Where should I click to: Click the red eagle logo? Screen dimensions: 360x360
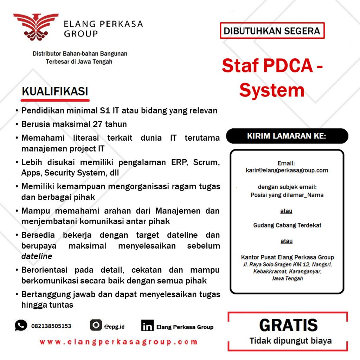pos(36,27)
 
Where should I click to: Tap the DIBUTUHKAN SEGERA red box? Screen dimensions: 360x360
pos(272,31)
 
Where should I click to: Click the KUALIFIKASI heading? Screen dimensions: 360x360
pos(55,91)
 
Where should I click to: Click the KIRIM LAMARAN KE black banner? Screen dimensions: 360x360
pos(287,136)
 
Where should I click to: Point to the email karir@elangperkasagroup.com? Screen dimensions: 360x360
pos(287,171)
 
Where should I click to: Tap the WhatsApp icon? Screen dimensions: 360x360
pos(21,325)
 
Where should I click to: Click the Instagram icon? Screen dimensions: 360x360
pos(96,325)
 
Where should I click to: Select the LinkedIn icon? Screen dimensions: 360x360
pos(147,326)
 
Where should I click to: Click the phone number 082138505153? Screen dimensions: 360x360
pos(51,326)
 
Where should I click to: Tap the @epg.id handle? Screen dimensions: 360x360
pos(114,327)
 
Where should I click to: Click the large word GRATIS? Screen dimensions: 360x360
pos(288,326)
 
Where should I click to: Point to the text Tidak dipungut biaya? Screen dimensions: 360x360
pos(290,341)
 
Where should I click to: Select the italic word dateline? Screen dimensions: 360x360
pos(37,256)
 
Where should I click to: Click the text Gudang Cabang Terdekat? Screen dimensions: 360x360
pos(287,225)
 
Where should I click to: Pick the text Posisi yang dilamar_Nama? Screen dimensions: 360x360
pos(287,195)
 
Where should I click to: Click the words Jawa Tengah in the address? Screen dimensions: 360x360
pos(287,278)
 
